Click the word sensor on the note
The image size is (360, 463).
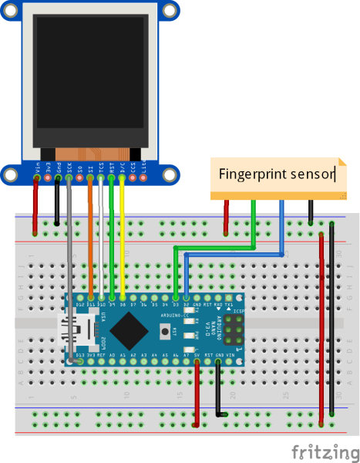308,174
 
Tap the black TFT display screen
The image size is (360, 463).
89,80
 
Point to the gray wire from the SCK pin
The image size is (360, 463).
69,270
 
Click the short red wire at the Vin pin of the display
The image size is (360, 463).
35,205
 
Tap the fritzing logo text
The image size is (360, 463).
318,450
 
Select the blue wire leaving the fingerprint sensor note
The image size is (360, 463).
281,224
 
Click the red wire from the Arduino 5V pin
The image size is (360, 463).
197,394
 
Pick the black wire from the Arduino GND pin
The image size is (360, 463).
218,390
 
